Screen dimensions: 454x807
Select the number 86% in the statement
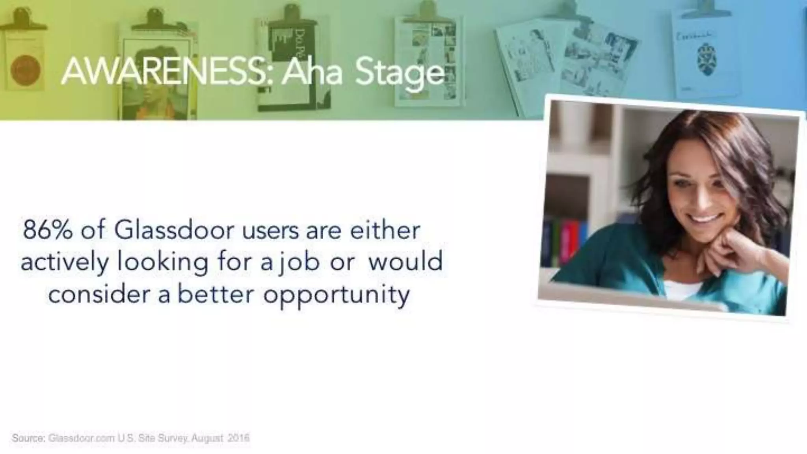48,231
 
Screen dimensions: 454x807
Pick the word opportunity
337,295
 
